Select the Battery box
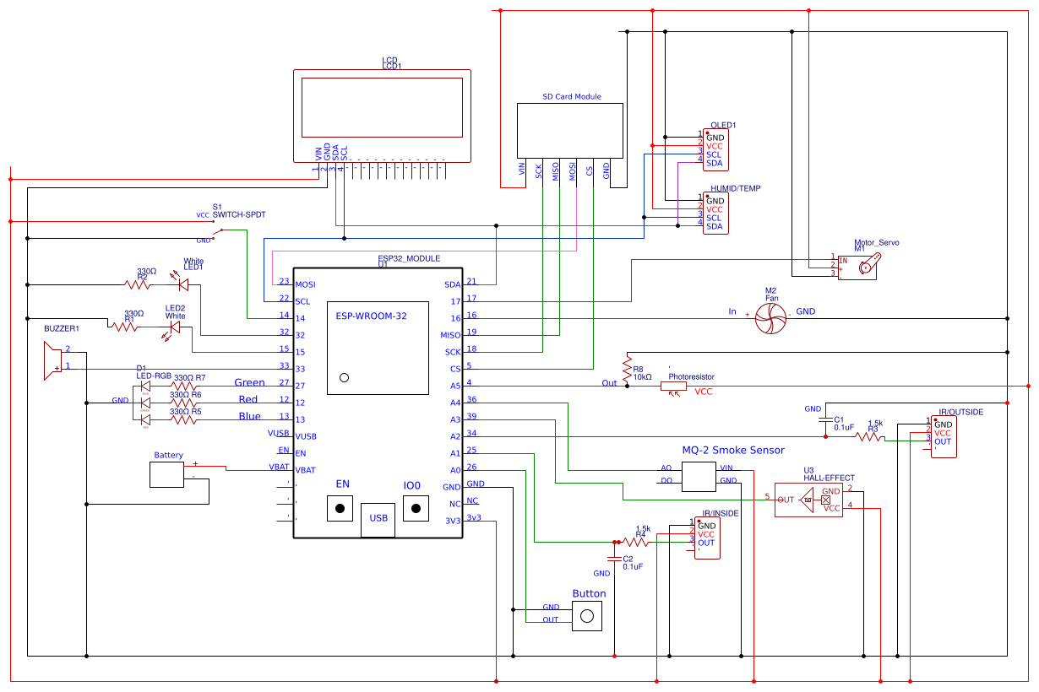(166, 474)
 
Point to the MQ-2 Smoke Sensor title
(732, 450)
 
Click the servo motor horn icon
(869, 268)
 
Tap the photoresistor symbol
(674, 387)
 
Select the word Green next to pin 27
(249, 382)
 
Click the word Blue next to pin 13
(249, 416)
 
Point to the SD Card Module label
(572, 96)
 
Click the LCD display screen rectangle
(382, 107)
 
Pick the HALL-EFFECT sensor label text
(828, 478)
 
